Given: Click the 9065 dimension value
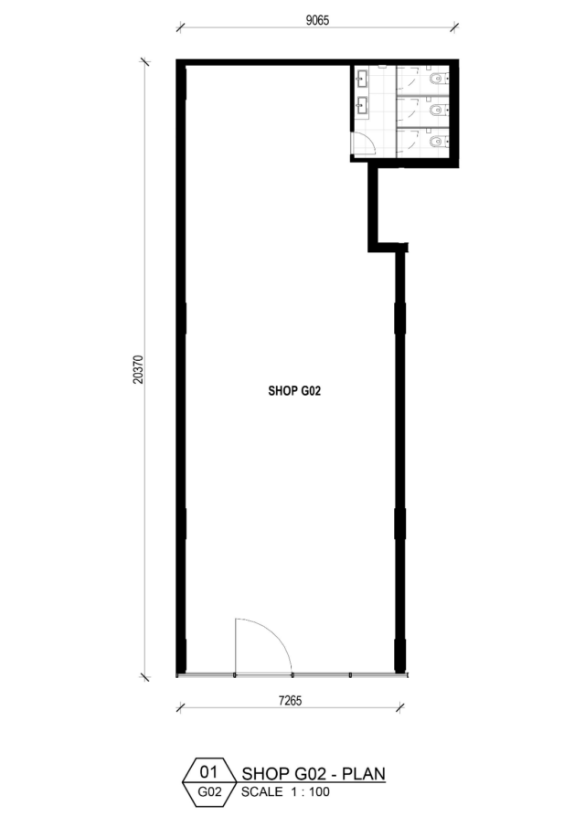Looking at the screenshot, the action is coord(317,20).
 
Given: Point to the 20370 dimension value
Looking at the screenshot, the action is coord(138,368).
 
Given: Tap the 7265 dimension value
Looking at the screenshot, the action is coord(290,700).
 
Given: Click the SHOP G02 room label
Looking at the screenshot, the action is coord(294,391).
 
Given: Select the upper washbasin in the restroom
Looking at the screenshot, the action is coord(362,78).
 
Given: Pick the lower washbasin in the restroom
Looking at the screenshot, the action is coord(362,105).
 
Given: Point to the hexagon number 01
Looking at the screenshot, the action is coord(209,772).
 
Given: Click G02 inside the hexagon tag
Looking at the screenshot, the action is coord(209,791).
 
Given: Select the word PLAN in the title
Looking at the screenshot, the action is coord(364,774).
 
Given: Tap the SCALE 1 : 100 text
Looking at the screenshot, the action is coord(285,791).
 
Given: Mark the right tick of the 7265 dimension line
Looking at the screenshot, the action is coord(400,707).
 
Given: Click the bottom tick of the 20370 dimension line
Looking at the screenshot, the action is coord(145,676).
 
